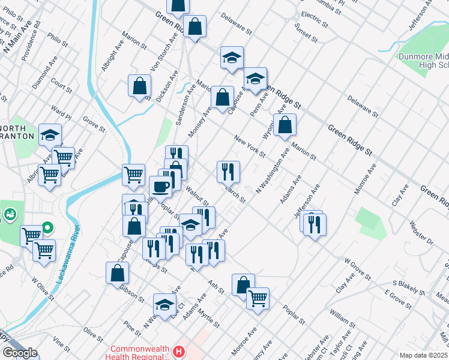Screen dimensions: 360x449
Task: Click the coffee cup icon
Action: point(161,186)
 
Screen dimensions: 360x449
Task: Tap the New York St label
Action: point(250,146)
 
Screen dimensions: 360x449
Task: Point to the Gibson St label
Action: point(132,294)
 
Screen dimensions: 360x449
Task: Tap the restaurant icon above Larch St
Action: point(228,172)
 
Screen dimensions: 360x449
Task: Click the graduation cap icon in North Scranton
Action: point(50,135)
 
